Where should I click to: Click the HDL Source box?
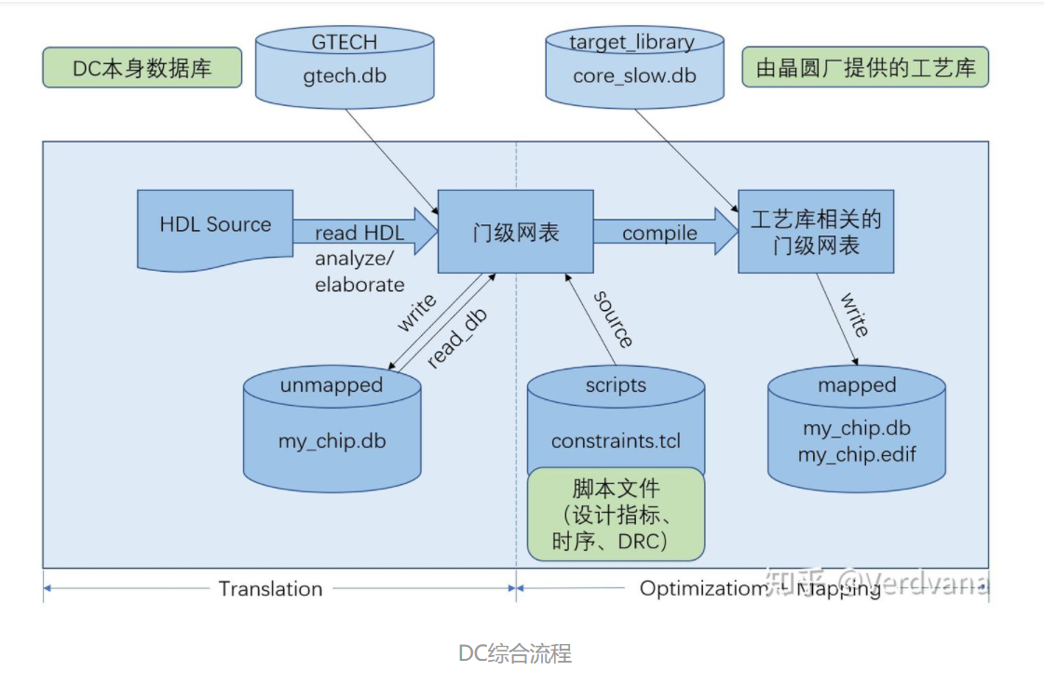(x=215, y=225)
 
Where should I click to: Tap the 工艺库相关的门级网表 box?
(x=816, y=232)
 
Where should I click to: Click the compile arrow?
(x=659, y=233)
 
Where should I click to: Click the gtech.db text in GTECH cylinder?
(x=345, y=75)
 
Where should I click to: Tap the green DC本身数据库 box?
(x=142, y=69)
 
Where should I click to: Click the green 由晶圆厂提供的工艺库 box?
(x=864, y=69)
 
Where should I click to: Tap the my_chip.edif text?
(x=857, y=455)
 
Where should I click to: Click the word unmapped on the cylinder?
(x=331, y=385)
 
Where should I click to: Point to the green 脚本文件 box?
(x=615, y=514)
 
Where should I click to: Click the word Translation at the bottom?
(x=270, y=588)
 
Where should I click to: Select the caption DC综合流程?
(x=515, y=653)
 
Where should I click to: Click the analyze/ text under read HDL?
(x=355, y=260)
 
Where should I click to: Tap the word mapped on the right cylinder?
(x=856, y=384)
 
